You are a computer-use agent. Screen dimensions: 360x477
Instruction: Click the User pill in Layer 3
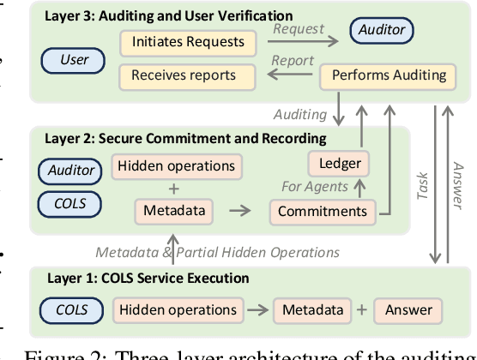(75, 60)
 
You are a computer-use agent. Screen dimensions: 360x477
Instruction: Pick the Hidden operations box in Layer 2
(178, 165)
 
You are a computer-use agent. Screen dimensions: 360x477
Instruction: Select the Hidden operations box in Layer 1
(178, 309)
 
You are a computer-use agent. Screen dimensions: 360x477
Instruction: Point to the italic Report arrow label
(294, 61)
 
